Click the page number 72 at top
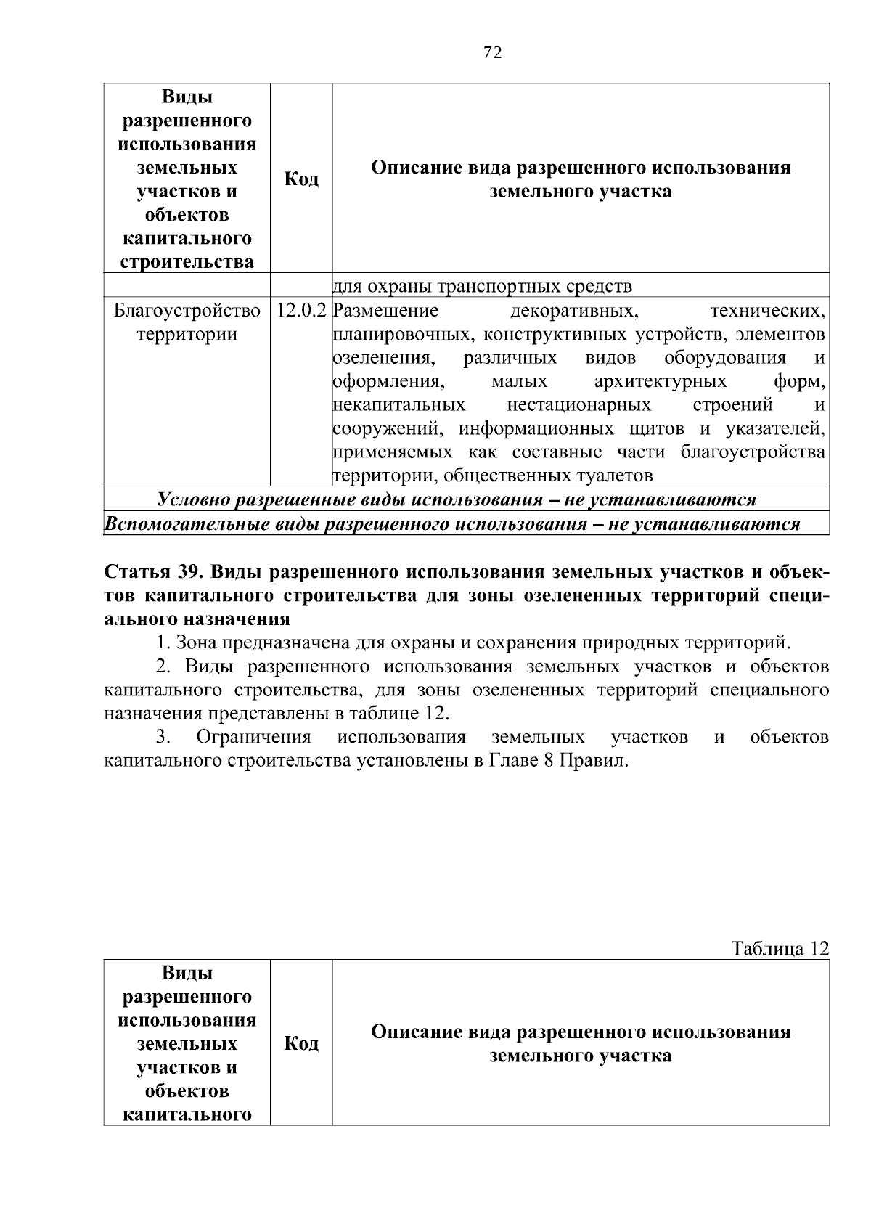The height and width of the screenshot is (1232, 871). (492, 53)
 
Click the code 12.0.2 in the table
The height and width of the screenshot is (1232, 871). (301, 311)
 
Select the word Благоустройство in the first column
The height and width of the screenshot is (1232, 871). (187, 311)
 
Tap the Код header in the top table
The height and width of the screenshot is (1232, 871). (301, 179)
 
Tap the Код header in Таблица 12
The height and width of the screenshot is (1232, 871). (301, 1044)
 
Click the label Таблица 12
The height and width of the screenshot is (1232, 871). (780, 949)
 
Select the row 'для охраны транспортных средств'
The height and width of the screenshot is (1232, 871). (483, 287)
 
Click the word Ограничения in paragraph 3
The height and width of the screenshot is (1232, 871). (254, 738)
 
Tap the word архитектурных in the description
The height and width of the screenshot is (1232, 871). (660, 382)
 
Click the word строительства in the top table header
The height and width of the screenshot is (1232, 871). (187, 262)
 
